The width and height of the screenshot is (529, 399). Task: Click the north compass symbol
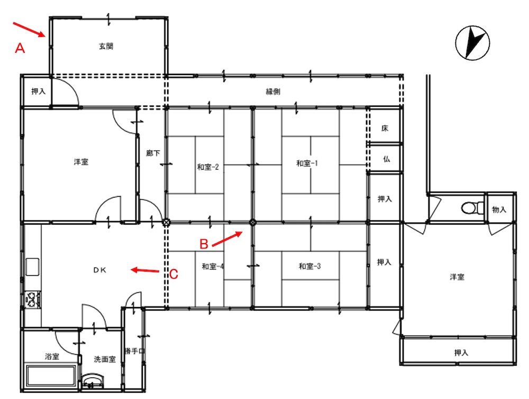tap(472, 43)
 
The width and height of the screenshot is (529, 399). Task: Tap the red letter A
tap(20, 48)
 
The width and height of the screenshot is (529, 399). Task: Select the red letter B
tap(204, 244)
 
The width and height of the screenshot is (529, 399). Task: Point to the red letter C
tap(174, 274)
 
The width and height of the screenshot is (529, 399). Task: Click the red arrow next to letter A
tap(29, 29)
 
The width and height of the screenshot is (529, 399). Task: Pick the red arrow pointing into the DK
tap(145, 270)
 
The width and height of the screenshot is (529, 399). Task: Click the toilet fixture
tap(472, 208)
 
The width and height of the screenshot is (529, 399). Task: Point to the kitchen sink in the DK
tap(32, 267)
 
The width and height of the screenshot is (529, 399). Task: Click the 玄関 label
tap(106, 46)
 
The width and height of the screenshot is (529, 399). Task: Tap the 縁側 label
tap(273, 91)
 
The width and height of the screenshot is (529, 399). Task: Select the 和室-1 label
tap(307, 163)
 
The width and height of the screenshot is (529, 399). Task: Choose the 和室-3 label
tap(309, 266)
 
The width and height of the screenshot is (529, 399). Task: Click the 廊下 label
tap(153, 153)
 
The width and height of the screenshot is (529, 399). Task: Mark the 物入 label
tap(499, 210)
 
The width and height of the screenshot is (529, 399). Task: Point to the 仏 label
tap(386, 159)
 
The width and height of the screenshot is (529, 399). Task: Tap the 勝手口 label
tap(134, 351)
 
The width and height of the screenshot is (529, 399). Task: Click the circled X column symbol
tap(166, 222)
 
